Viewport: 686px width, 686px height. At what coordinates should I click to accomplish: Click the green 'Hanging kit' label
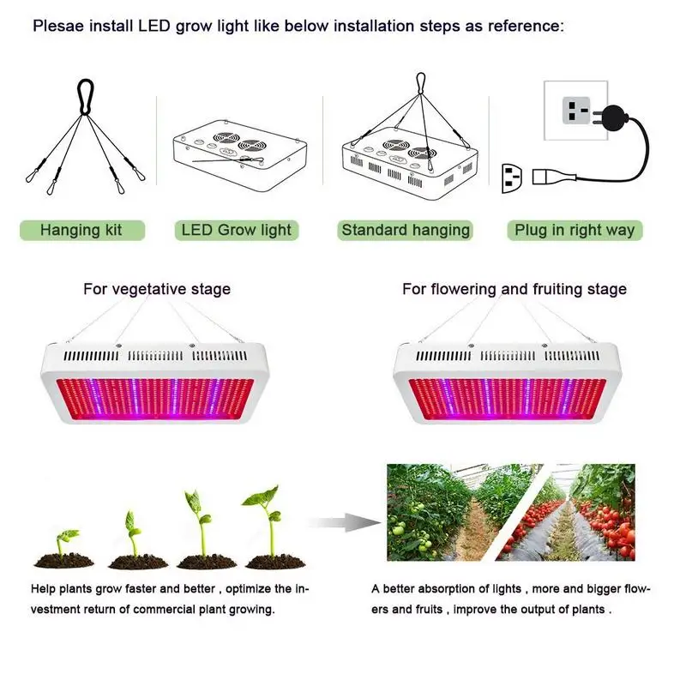pyautogui.click(x=81, y=230)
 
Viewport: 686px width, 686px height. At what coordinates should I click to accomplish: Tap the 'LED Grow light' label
pyautogui.click(x=236, y=230)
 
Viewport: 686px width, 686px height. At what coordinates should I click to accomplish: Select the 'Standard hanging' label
pyautogui.click(x=406, y=230)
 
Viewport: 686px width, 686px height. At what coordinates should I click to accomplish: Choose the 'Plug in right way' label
pyautogui.click(x=575, y=230)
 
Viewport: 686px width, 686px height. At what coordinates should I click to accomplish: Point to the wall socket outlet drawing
pyautogui.click(x=575, y=111)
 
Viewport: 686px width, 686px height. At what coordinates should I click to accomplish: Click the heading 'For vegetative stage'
pyautogui.click(x=157, y=289)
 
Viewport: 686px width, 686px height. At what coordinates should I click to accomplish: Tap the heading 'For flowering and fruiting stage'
pyautogui.click(x=514, y=289)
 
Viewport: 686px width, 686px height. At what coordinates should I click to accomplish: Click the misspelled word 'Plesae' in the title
pyautogui.click(x=58, y=26)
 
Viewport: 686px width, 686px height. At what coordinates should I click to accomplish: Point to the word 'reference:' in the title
pyautogui.click(x=525, y=26)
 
